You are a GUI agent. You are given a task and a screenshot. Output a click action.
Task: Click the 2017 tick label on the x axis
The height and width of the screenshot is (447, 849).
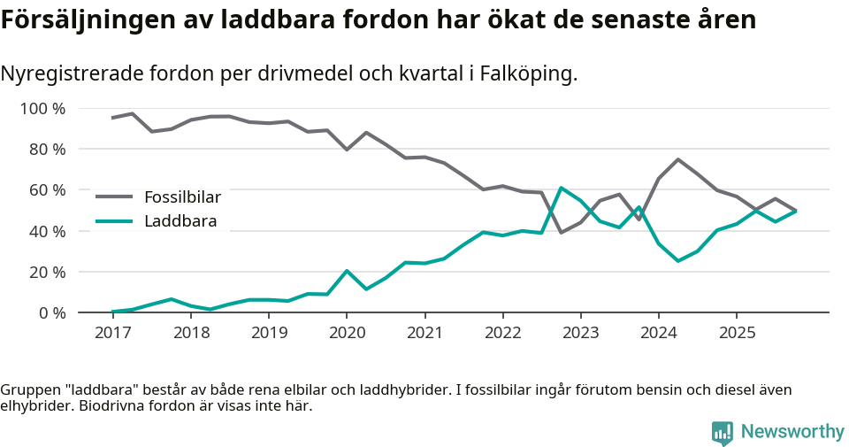112,333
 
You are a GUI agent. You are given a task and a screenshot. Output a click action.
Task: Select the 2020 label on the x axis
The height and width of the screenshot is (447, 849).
347,333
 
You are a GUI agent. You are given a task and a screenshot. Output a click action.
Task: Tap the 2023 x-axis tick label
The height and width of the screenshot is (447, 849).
581,333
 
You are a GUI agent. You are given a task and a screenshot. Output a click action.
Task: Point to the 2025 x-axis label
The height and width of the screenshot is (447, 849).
737,333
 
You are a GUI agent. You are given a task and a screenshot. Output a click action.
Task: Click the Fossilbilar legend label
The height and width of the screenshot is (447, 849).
182,197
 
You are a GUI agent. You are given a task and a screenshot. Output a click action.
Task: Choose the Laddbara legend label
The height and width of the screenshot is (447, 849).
180,221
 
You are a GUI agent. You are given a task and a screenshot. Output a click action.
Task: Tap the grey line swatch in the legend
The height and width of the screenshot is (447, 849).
114,197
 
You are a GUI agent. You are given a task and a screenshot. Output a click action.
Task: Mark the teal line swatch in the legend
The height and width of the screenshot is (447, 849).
114,221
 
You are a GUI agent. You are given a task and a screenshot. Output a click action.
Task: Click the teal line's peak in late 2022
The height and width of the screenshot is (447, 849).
561,188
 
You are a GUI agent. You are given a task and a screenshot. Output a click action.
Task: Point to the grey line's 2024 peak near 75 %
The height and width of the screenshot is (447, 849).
677,159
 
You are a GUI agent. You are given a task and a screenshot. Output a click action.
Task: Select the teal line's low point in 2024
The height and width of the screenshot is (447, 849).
677,261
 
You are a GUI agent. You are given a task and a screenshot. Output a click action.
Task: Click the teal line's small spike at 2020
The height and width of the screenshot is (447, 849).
347,271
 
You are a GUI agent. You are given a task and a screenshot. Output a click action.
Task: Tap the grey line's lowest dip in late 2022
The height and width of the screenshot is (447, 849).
561,233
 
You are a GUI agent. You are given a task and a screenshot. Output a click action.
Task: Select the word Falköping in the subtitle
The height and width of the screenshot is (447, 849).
527,74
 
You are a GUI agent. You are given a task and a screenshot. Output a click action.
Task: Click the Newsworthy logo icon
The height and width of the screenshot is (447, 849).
723,432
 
